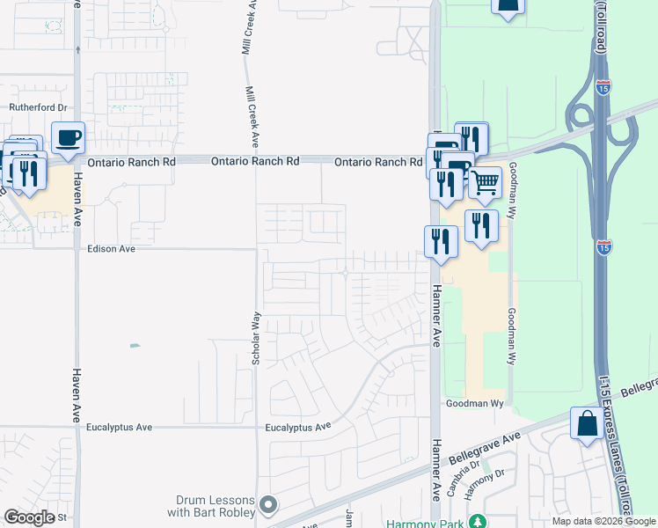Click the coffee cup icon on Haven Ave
pos(68,138)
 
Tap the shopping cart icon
pos(484,183)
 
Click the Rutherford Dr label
pos(38,107)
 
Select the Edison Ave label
pos(112,249)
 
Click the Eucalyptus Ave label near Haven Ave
pos(119,428)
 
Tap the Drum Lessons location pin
pos(269,505)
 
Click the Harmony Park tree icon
pos(478,522)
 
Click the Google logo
pos(29,517)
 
